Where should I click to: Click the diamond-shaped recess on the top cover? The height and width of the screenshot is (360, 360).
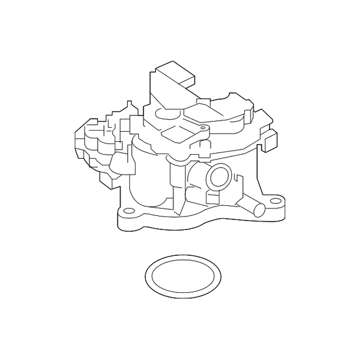pyautogui.click(x=176, y=132)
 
